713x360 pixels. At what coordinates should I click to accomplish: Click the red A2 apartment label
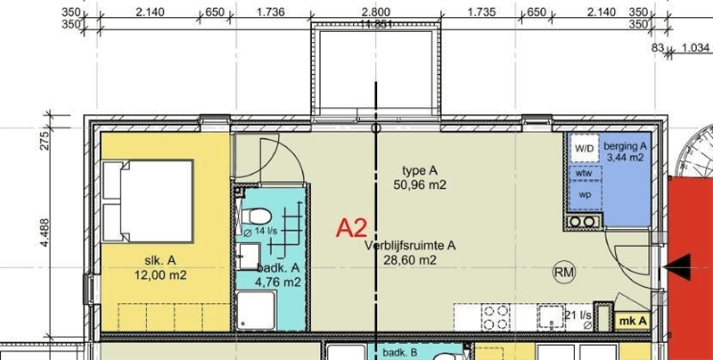[x=351, y=229]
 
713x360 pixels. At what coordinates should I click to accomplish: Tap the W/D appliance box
[x=585, y=148]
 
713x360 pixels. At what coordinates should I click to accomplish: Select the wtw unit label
[x=585, y=173]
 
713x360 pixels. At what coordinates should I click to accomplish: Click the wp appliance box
[x=585, y=194]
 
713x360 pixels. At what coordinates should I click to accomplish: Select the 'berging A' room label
[x=625, y=145]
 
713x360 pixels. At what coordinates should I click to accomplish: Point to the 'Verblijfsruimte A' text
[x=411, y=246]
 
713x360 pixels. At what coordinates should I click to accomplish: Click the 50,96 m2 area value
[x=420, y=185]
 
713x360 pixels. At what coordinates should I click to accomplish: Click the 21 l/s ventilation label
[x=578, y=315]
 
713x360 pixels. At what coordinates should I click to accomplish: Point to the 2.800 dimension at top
[x=375, y=12]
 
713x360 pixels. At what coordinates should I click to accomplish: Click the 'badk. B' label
[x=400, y=353]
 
